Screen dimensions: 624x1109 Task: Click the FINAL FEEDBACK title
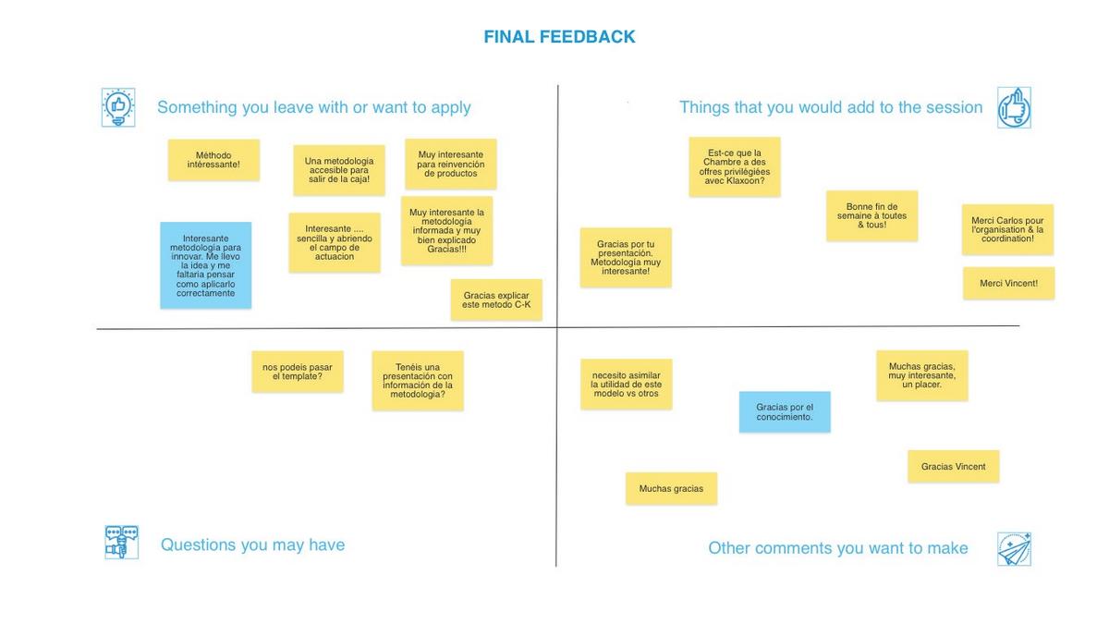pos(559,37)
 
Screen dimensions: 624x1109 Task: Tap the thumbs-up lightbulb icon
pos(118,107)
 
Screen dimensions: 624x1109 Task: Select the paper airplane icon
pos(1014,549)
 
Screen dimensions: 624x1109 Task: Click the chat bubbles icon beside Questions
pos(121,542)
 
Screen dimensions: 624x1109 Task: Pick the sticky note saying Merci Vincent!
pos(1008,283)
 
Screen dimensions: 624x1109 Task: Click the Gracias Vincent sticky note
pos(953,467)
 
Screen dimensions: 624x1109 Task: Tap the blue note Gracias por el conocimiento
pos(785,412)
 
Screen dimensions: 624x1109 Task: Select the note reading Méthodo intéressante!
pos(213,160)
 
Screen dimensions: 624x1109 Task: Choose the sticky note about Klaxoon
pos(735,166)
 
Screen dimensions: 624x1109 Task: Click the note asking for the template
pos(298,372)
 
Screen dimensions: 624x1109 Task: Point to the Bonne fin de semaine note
pos(871,215)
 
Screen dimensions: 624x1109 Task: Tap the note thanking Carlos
pos(1007,229)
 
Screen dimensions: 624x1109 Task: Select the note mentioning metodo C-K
pos(496,300)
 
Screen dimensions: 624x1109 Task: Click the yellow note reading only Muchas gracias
pos(671,488)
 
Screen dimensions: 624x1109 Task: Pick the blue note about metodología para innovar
pos(205,264)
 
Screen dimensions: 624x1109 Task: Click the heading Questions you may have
pos(252,544)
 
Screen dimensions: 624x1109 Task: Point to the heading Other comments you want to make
pos(837,548)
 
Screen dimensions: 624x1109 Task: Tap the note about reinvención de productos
pos(450,164)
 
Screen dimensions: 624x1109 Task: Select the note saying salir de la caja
pos(339,170)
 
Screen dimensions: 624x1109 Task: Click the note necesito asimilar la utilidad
pos(626,384)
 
